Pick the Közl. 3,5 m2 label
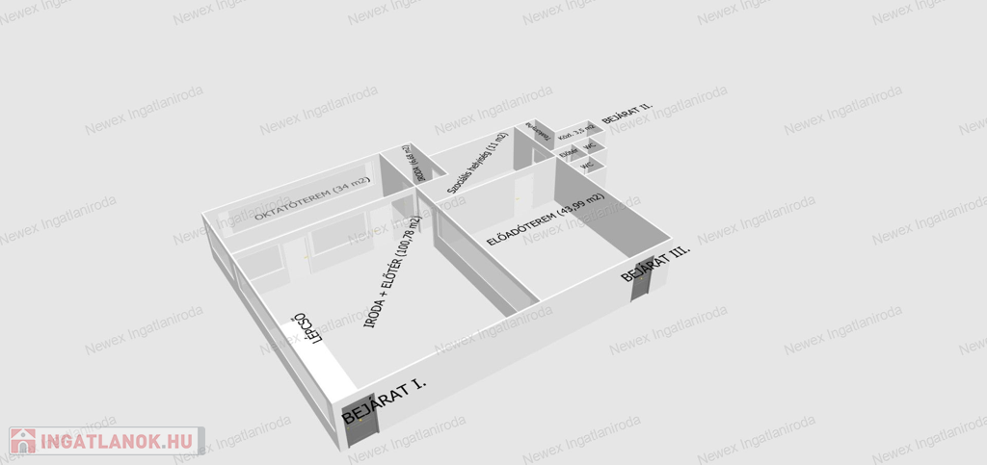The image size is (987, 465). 577,133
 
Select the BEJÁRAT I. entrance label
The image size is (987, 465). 386,398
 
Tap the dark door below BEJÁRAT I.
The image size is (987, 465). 354,424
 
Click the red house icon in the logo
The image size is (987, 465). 23,441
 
